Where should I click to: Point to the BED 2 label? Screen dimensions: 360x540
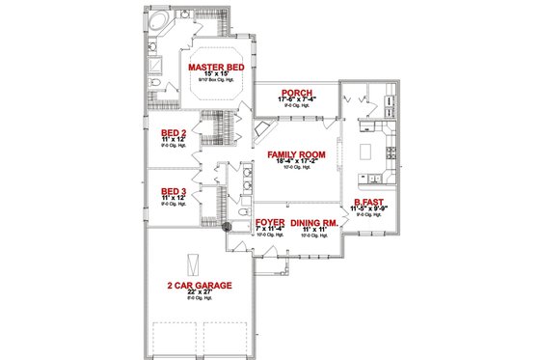pyautogui.click(x=173, y=134)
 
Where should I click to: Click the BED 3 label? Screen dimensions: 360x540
pyautogui.click(x=173, y=190)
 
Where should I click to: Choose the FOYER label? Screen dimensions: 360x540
pyautogui.click(x=270, y=222)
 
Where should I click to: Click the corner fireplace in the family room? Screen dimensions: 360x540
pyautogui.click(x=264, y=133)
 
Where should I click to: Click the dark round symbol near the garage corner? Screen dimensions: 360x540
pyautogui.click(x=226, y=227)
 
